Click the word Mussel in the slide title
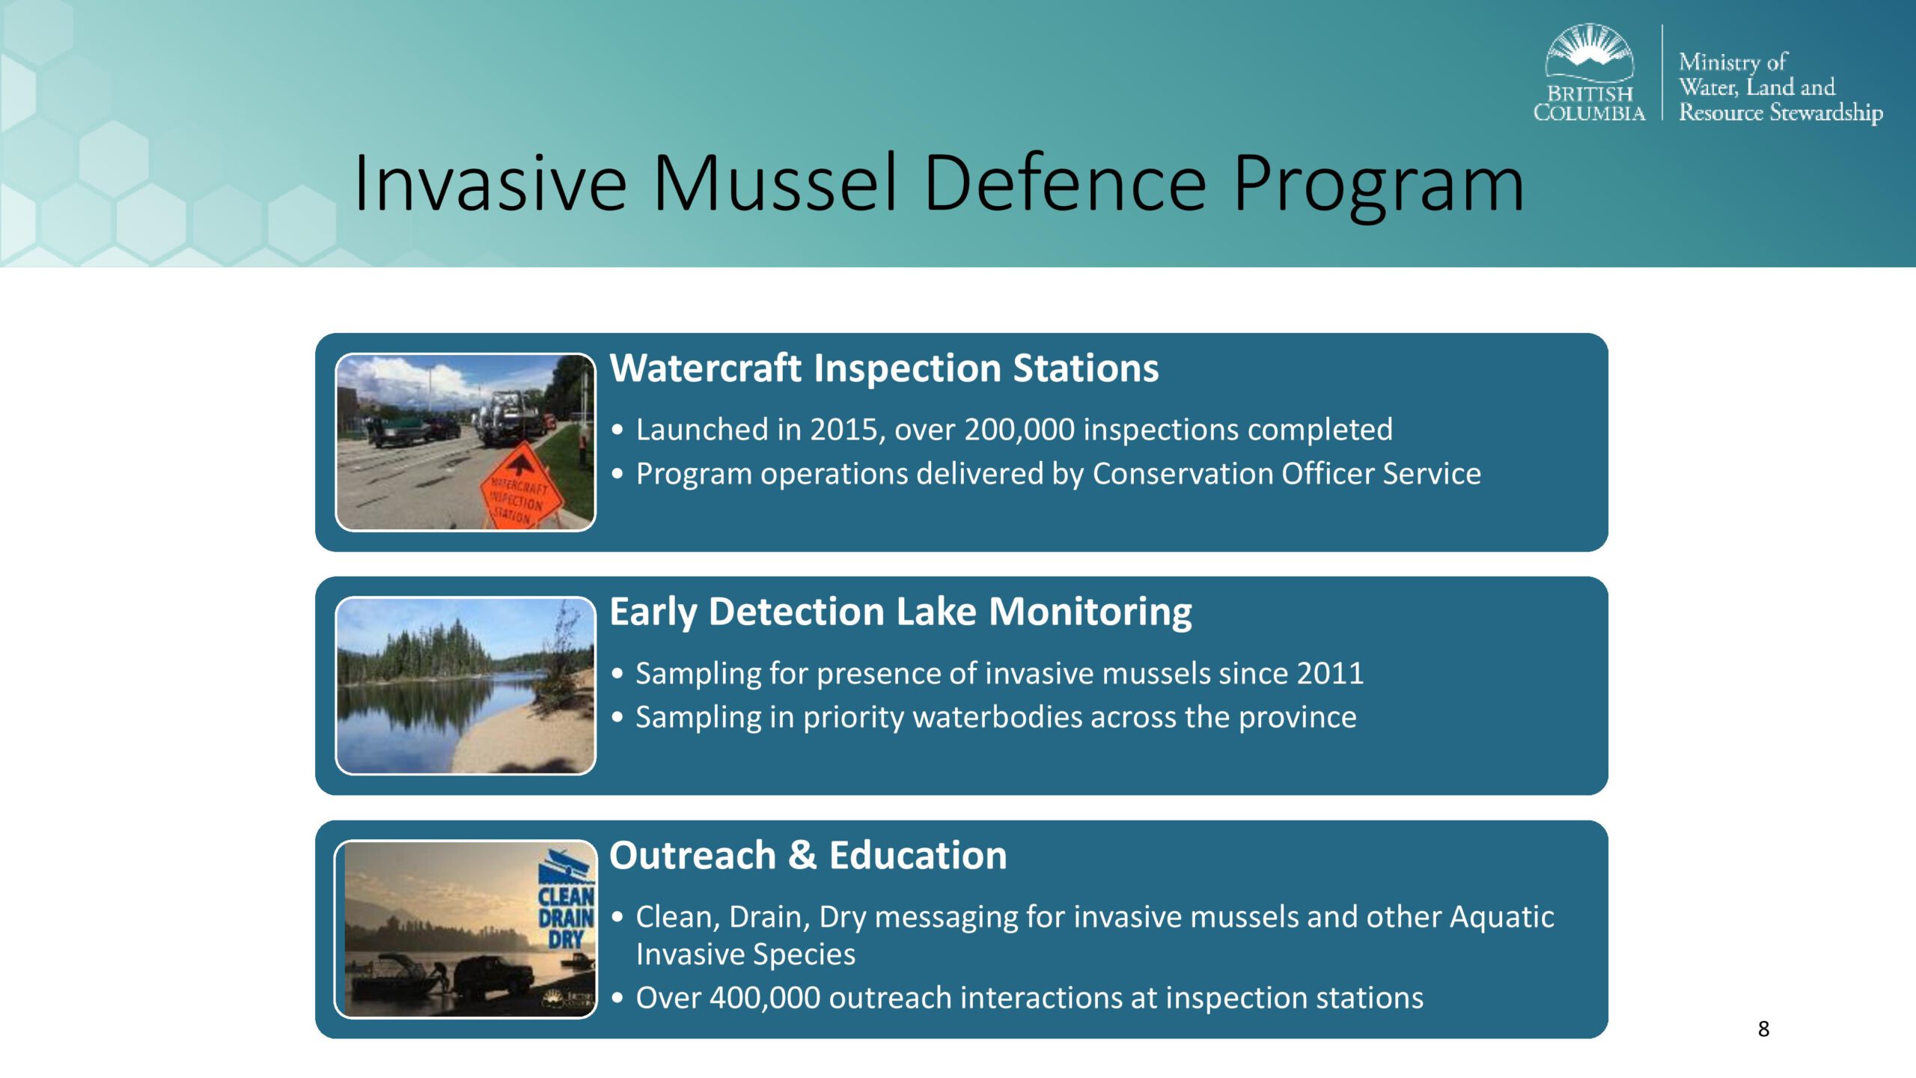click(x=775, y=183)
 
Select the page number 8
click(x=1763, y=1029)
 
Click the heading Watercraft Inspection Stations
click(x=884, y=368)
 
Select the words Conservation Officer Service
click(x=1287, y=474)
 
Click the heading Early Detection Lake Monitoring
click(x=900, y=612)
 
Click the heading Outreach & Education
click(x=808, y=856)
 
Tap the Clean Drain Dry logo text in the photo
click(x=567, y=918)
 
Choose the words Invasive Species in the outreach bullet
click(x=745, y=954)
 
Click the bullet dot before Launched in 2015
click(x=617, y=430)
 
